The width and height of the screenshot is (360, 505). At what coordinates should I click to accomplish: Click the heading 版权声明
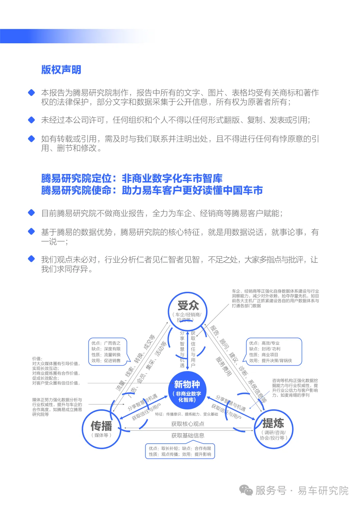[61, 70]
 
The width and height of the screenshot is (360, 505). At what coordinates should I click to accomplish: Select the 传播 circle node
[101, 429]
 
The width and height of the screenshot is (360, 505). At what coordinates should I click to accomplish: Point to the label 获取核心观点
[188, 424]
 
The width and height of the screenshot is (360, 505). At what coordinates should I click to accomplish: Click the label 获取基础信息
[188, 435]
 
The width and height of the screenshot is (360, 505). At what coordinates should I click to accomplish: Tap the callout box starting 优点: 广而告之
[106, 352]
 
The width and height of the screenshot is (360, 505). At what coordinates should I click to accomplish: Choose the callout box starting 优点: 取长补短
[180, 451]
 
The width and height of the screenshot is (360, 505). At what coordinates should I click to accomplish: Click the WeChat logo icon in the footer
[246, 490]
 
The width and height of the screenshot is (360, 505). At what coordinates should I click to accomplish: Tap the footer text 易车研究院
[323, 490]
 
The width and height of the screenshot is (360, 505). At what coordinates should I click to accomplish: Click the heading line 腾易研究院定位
[132, 178]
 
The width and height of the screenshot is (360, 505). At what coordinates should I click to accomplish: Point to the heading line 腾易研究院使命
[152, 190]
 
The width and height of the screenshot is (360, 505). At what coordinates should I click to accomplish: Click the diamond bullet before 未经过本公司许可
[32, 120]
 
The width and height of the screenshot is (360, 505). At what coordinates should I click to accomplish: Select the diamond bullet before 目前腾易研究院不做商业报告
[32, 213]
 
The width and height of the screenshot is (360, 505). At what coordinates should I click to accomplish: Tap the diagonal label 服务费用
[223, 366]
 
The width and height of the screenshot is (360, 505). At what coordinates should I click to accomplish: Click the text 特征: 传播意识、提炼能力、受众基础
[186, 414]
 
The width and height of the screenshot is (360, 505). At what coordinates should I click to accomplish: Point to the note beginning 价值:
[56, 371]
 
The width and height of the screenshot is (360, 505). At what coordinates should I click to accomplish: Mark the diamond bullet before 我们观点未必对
[32, 259]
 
